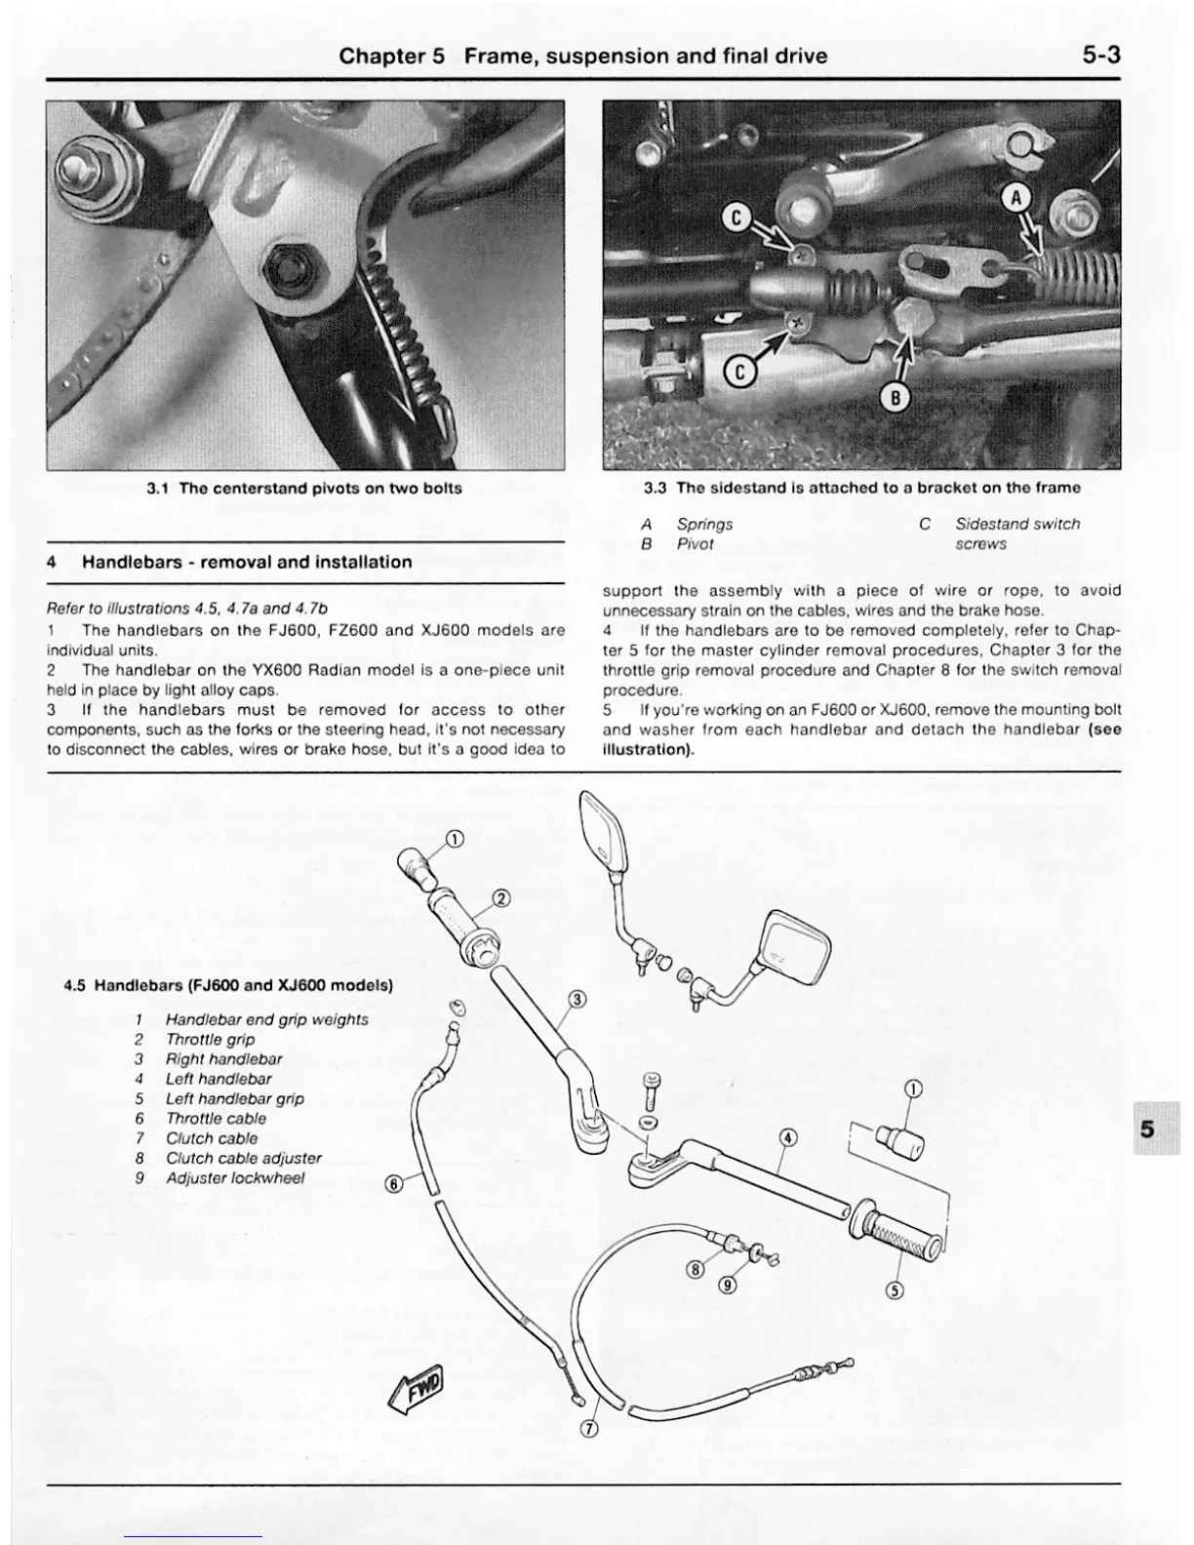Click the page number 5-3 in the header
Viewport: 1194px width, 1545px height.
click(1100, 56)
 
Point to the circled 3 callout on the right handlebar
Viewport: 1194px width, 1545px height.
click(577, 999)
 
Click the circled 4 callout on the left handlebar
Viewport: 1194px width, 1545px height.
click(789, 1137)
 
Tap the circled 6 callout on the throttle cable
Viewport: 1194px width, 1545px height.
click(394, 1184)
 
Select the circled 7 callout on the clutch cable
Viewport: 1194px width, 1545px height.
click(588, 1430)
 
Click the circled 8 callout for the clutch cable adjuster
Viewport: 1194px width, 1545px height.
click(695, 1269)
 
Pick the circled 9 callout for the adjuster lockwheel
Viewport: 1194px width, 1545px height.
click(727, 1284)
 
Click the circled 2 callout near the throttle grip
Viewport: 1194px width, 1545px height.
click(501, 898)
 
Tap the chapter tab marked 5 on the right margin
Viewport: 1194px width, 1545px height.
click(1147, 1129)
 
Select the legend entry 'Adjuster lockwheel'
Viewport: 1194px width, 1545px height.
click(235, 1177)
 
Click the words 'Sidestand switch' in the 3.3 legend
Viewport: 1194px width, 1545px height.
click(1017, 524)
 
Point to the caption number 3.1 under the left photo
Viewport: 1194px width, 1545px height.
click(158, 488)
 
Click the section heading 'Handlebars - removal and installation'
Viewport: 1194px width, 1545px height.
click(246, 562)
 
